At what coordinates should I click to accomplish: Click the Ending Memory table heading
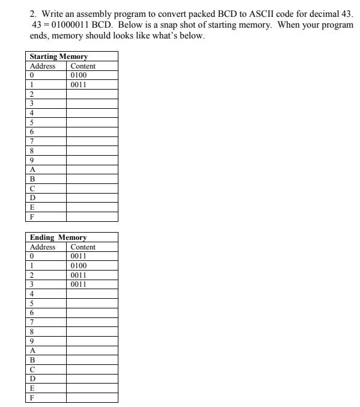coord(58,237)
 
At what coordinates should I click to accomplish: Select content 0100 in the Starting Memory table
coord(79,75)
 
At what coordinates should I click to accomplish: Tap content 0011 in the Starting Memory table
coord(79,84)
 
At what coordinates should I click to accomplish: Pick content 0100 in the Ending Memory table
coord(79,265)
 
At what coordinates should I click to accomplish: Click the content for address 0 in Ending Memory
coord(79,256)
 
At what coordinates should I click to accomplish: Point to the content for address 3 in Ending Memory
coord(79,284)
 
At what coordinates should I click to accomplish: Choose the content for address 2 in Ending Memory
coord(79,275)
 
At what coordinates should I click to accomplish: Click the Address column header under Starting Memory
coord(42,66)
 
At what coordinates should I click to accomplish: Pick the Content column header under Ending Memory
coord(83,247)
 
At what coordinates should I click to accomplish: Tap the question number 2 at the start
coord(32,12)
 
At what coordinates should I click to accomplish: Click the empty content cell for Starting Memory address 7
coord(91,141)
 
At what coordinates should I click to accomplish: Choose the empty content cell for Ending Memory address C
coord(91,369)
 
